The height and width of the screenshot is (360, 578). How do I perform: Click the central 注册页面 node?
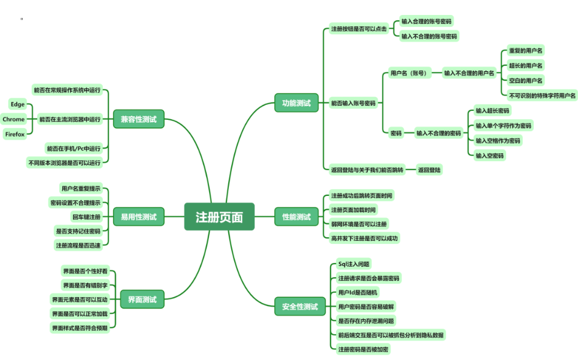click(x=219, y=217)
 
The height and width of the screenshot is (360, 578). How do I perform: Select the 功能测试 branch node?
click(x=296, y=103)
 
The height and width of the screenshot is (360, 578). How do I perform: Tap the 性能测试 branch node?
click(x=296, y=217)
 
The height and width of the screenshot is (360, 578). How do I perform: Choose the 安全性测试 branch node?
click(x=299, y=307)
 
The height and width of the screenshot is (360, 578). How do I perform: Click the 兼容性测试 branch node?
click(x=138, y=119)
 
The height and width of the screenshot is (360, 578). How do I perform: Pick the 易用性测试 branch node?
click(x=138, y=217)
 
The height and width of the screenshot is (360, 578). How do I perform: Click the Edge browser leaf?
click(x=17, y=104)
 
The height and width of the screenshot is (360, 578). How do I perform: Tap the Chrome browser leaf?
click(x=14, y=119)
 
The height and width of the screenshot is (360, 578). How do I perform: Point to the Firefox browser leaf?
click(x=14, y=134)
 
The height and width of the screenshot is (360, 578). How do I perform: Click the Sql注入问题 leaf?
click(x=353, y=264)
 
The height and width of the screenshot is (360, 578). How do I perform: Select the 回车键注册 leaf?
click(x=86, y=217)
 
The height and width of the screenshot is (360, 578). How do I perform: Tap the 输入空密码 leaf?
click(x=489, y=156)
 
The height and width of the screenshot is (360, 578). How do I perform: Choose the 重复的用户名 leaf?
click(x=526, y=51)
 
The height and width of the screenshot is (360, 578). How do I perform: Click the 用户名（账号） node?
click(x=408, y=73)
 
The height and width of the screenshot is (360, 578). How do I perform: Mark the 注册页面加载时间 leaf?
click(x=353, y=210)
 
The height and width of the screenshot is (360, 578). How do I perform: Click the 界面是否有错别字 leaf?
click(x=84, y=285)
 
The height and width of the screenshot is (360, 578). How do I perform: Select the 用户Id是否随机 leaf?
click(x=358, y=292)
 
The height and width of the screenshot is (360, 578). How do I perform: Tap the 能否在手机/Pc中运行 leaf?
click(x=74, y=148)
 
